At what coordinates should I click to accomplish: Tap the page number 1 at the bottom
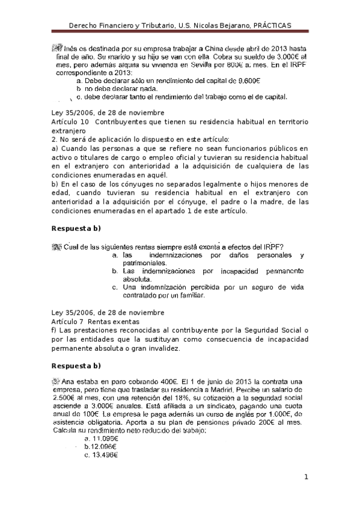(306, 478)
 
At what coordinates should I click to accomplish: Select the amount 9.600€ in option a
(246, 80)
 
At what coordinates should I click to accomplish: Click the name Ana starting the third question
(67, 381)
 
